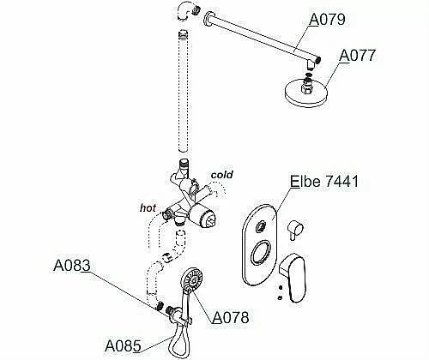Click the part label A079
(328, 20)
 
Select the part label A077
(357, 55)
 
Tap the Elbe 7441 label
(324, 181)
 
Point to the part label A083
(72, 266)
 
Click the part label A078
(231, 317)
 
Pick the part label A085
(123, 346)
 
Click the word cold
(221, 175)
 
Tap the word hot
(148, 207)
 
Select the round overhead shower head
(306, 93)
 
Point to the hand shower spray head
(192, 279)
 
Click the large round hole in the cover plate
(260, 253)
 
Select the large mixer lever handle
(293, 276)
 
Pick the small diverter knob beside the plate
(294, 229)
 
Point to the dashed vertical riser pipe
(184, 91)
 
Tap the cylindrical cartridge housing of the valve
(202, 217)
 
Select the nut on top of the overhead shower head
(307, 87)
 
